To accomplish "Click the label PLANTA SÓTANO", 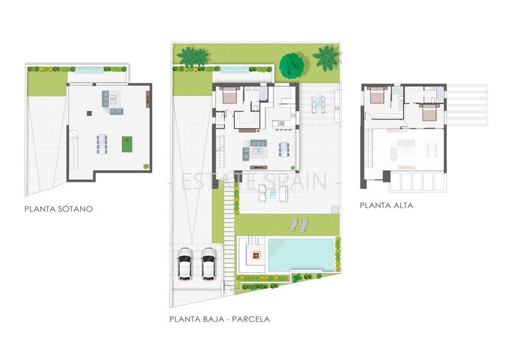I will (x=58, y=209).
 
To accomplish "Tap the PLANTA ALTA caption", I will (x=387, y=205).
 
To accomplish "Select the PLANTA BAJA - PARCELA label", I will (x=220, y=318).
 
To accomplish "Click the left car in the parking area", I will (x=185, y=264).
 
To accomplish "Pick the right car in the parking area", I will (x=209, y=264).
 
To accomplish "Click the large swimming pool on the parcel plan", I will (x=300, y=253).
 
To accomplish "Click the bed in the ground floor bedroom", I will (x=229, y=95).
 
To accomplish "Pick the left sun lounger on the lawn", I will (x=293, y=223).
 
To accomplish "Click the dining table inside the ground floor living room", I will (x=284, y=149).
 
